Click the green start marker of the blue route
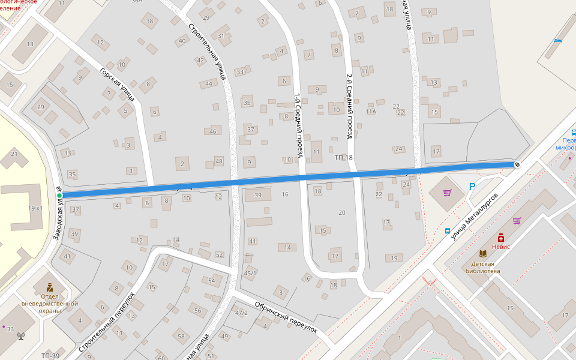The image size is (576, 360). pyautogui.click(x=59, y=196)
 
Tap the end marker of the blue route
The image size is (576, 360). pyautogui.click(x=517, y=164)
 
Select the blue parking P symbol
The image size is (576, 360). pyautogui.click(x=472, y=187)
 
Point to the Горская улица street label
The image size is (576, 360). pyautogui.click(x=118, y=83)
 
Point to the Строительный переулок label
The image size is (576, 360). pyautogui.click(x=106, y=322)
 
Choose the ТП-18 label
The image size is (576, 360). pyautogui.click(x=344, y=157)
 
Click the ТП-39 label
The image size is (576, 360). pyautogui.click(x=50, y=356)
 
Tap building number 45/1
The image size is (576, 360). pyautogui.click(x=250, y=274)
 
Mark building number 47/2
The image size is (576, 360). pyautogui.click(x=241, y=313)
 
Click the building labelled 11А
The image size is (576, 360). pyautogui.click(x=371, y=112)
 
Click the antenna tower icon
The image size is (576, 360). pyautogui.click(x=22, y=336)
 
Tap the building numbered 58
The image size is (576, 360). pyautogui.click(x=181, y=336)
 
